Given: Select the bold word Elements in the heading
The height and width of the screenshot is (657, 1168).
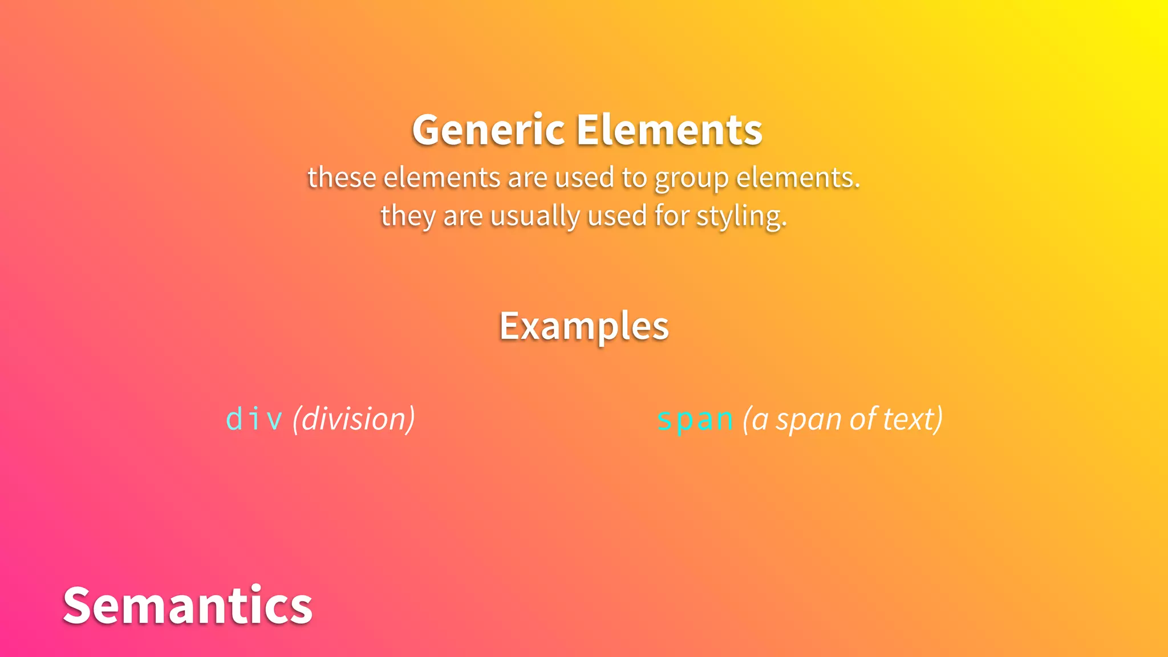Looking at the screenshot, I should (x=669, y=131).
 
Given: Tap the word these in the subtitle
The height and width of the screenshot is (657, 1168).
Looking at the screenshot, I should (x=342, y=177).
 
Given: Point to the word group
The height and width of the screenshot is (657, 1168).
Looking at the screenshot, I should (x=691, y=179).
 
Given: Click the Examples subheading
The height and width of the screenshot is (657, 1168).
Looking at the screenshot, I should (x=584, y=326).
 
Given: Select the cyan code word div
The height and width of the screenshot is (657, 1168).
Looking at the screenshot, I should (x=254, y=420).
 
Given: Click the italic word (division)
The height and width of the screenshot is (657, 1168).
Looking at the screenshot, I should (x=354, y=420).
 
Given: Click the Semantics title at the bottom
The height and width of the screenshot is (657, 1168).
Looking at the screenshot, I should (x=188, y=605).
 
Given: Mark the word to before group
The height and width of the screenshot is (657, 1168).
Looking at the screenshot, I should (x=634, y=177).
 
